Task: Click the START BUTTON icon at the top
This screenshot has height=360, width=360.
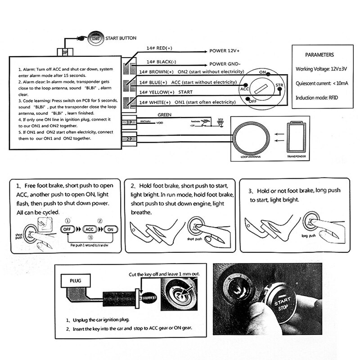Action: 95,38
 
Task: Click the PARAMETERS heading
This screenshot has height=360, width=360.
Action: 319,55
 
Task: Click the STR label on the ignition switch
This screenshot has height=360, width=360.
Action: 279,85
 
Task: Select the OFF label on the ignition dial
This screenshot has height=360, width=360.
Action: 252,101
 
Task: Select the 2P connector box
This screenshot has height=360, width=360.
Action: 129,139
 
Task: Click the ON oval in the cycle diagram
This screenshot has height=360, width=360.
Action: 110,229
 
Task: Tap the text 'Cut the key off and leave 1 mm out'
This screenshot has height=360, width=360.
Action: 165,274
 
